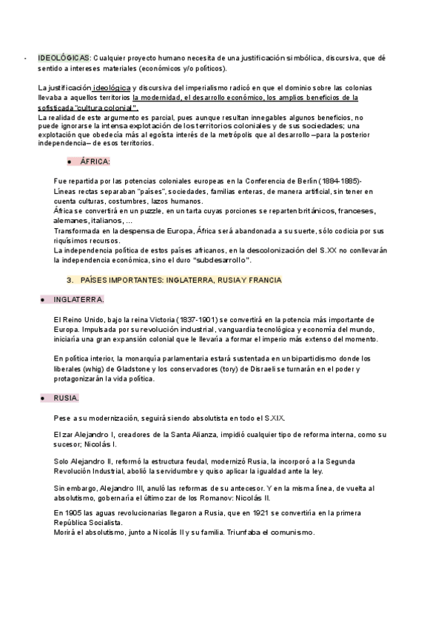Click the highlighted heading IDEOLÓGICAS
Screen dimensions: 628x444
64,57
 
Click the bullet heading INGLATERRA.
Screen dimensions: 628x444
79,299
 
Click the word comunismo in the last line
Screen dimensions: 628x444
291,533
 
